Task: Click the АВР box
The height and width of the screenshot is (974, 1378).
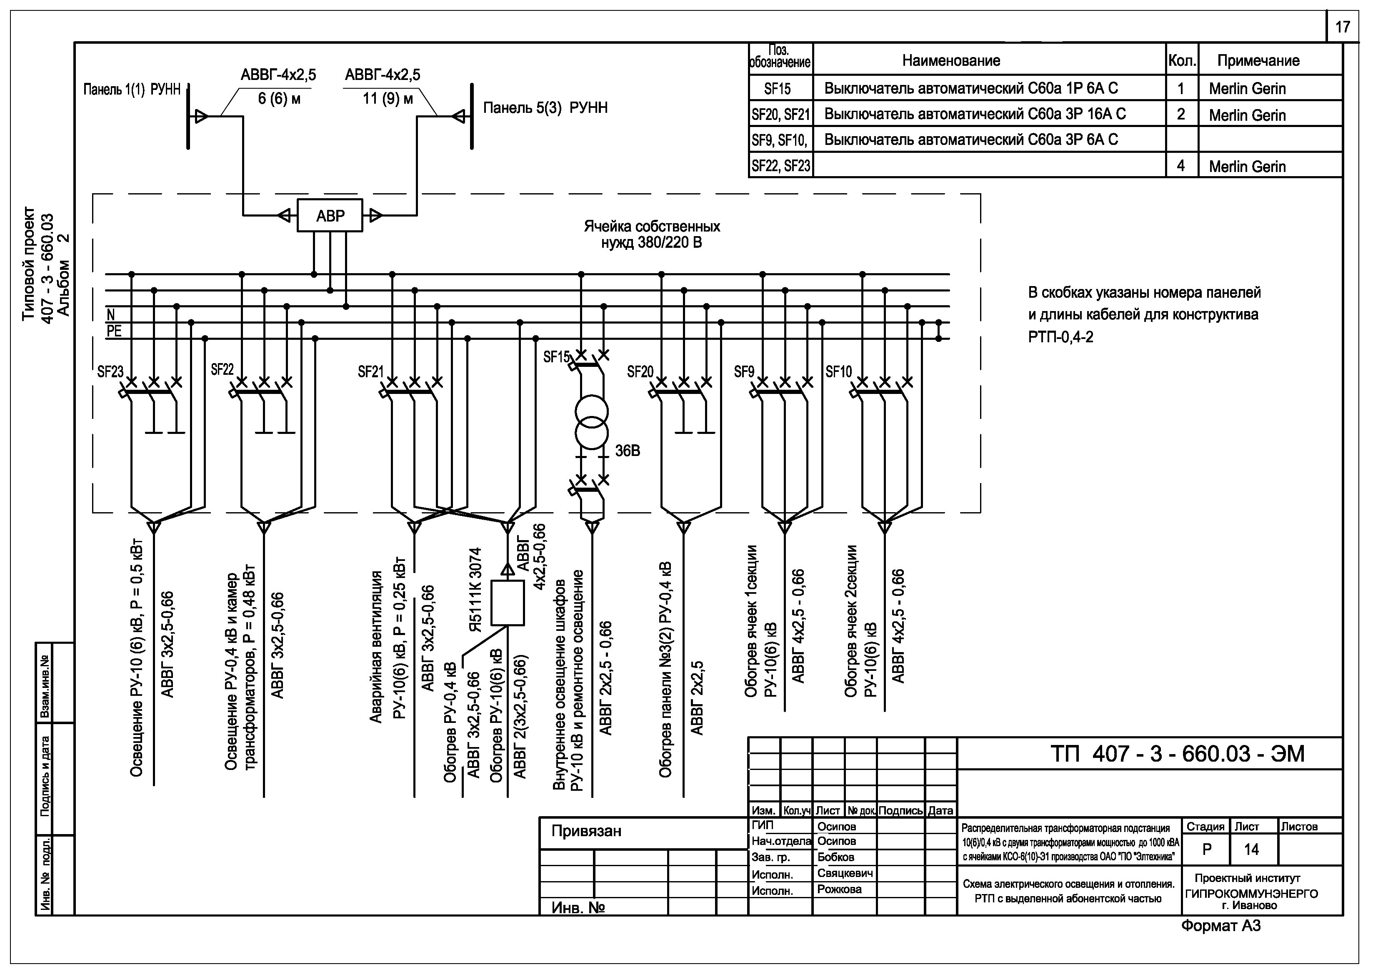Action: coord(330,215)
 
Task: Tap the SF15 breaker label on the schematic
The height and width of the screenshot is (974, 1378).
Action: coord(556,357)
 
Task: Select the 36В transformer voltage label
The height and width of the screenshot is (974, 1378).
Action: coord(628,451)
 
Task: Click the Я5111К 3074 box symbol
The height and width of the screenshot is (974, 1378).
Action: coord(507,603)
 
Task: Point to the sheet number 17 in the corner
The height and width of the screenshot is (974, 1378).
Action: coord(1342,27)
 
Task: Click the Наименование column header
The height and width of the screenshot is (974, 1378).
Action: coord(951,60)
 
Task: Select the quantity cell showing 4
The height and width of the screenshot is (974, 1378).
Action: coord(1180,166)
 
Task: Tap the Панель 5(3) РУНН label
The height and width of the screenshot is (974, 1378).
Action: coord(545,108)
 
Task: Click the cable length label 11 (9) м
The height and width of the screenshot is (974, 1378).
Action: coord(388,98)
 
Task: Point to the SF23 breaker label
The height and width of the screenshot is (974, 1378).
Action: coord(110,372)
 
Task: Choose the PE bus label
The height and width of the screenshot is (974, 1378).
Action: coord(114,331)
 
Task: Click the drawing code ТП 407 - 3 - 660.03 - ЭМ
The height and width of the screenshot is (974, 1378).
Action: coord(1178,754)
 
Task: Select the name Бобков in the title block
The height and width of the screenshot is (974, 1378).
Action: coord(835,857)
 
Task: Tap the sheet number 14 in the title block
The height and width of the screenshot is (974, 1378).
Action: coord(1251,849)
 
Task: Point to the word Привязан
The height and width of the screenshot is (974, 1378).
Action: coord(586,831)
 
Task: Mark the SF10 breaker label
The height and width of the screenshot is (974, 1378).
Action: coord(838,372)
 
